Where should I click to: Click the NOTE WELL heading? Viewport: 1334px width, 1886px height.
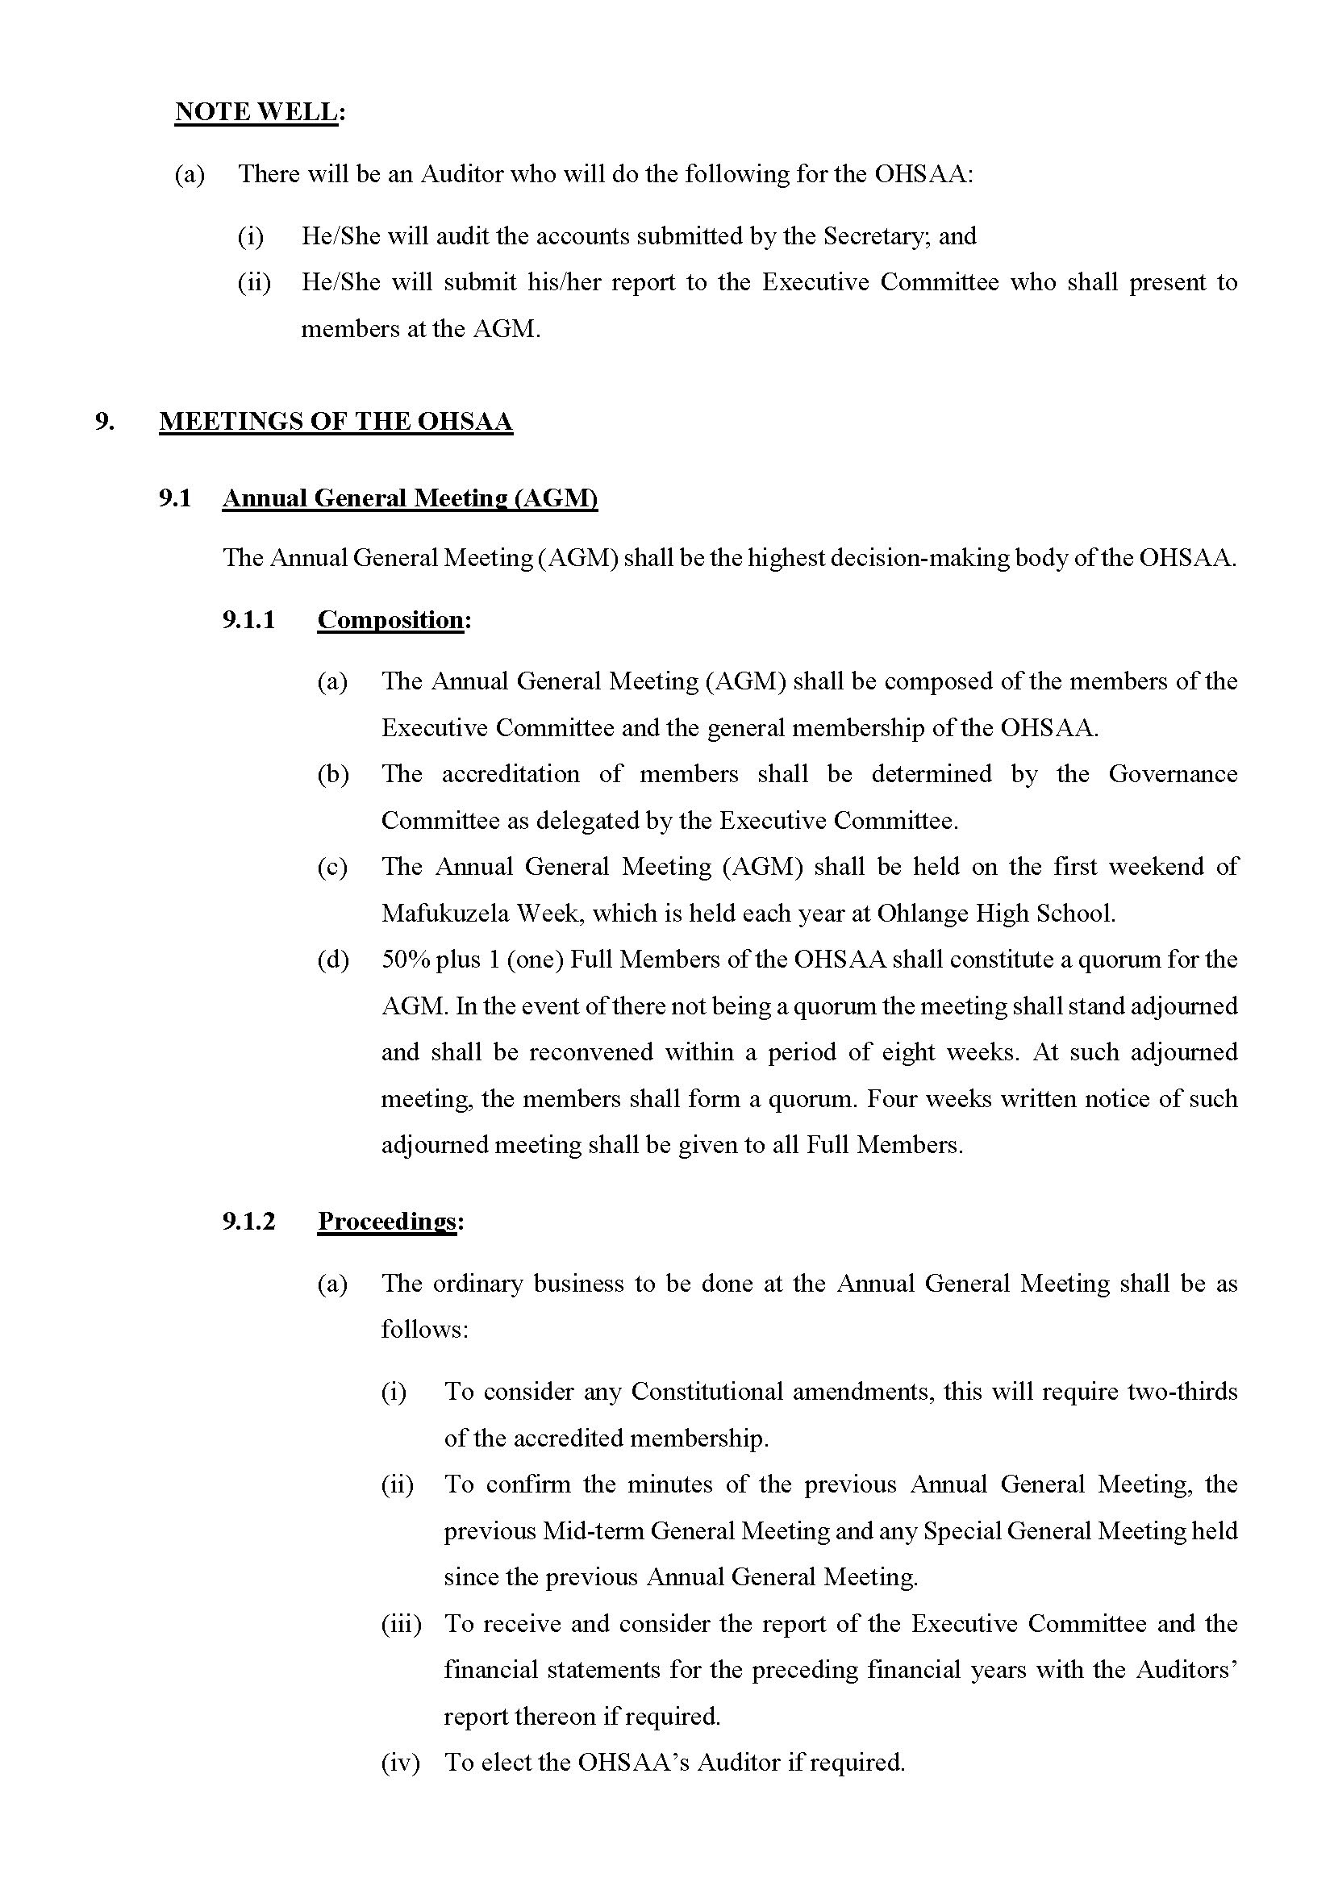coord(260,112)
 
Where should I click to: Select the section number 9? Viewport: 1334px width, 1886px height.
coord(103,422)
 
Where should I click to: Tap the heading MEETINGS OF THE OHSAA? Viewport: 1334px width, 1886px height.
coord(336,422)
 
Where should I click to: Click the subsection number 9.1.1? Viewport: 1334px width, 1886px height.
coord(248,619)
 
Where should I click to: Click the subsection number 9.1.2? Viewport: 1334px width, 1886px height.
coord(248,1221)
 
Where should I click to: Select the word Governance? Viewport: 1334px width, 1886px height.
coord(1172,774)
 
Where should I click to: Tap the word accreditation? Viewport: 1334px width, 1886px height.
coord(510,774)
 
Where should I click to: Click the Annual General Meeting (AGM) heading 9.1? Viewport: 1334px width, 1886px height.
coord(410,498)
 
